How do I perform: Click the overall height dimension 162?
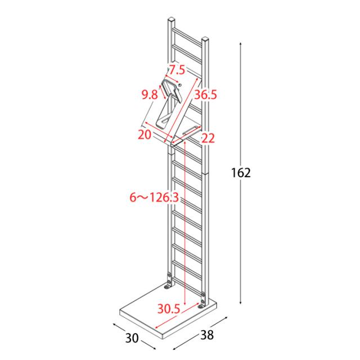241,173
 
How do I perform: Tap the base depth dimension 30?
132,337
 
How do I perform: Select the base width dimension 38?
207,335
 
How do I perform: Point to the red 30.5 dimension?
169,309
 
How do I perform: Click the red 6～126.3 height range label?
154,197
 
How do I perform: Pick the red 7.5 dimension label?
177,70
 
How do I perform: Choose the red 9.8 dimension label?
150,94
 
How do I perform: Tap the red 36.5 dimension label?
205,94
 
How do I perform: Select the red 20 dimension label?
145,134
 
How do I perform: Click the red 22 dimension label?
208,138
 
